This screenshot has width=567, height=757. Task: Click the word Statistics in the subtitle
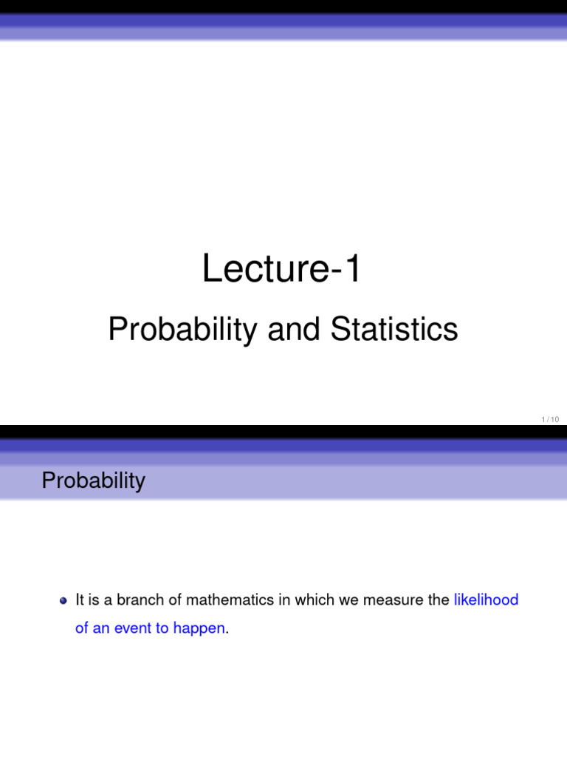[x=394, y=330]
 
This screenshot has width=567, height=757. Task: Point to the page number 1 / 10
[x=550, y=420]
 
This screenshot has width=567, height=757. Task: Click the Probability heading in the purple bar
[x=94, y=481]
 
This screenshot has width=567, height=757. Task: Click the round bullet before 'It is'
[x=63, y=600]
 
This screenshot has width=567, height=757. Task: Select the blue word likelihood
[x=486, y=600]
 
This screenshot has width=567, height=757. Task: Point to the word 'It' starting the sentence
[x=80, y=600]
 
